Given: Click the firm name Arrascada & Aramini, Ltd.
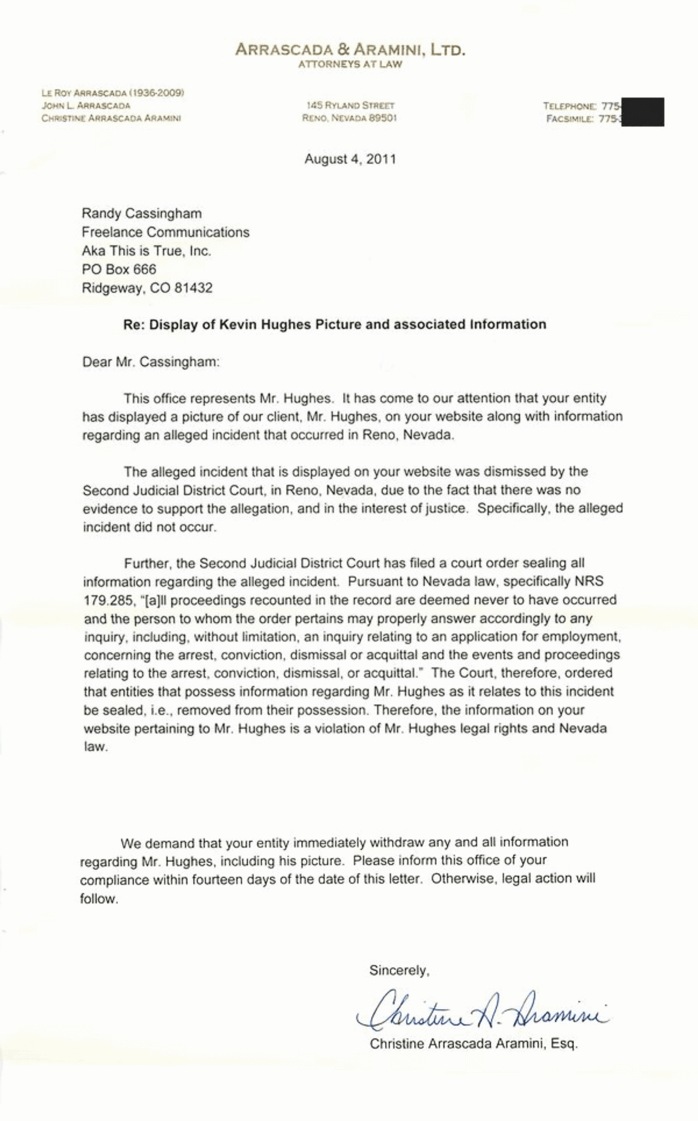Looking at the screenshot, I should click(x=350, y=50).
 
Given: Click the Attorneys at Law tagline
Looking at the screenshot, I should click(x=350, y=65).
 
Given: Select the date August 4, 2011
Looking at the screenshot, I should click(x=350, y=159).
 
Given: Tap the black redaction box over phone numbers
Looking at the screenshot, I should click(x=643, y=112).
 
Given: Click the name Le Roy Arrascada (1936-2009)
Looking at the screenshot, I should click(x=113, y=92).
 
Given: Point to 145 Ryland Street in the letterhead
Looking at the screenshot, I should click(x=350, y=106).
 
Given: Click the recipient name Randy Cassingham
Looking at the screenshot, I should click(x=141, y=213).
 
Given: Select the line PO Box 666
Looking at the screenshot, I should click(x=119, y=269).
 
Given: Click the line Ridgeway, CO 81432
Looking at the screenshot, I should click(x=147, y=288).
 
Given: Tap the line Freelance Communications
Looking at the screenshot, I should click(x=165, y=232).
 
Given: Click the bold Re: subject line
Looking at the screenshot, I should click(x=334, y=324).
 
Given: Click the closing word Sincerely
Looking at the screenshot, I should click(x=399, y=970).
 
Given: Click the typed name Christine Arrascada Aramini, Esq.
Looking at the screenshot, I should click(x=473, y=1044).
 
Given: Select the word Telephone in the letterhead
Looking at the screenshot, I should click(x=569, y=106).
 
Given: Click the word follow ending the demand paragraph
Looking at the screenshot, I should click(x=99, y=898).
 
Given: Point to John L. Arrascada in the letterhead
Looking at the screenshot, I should click(x=86, y=106).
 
